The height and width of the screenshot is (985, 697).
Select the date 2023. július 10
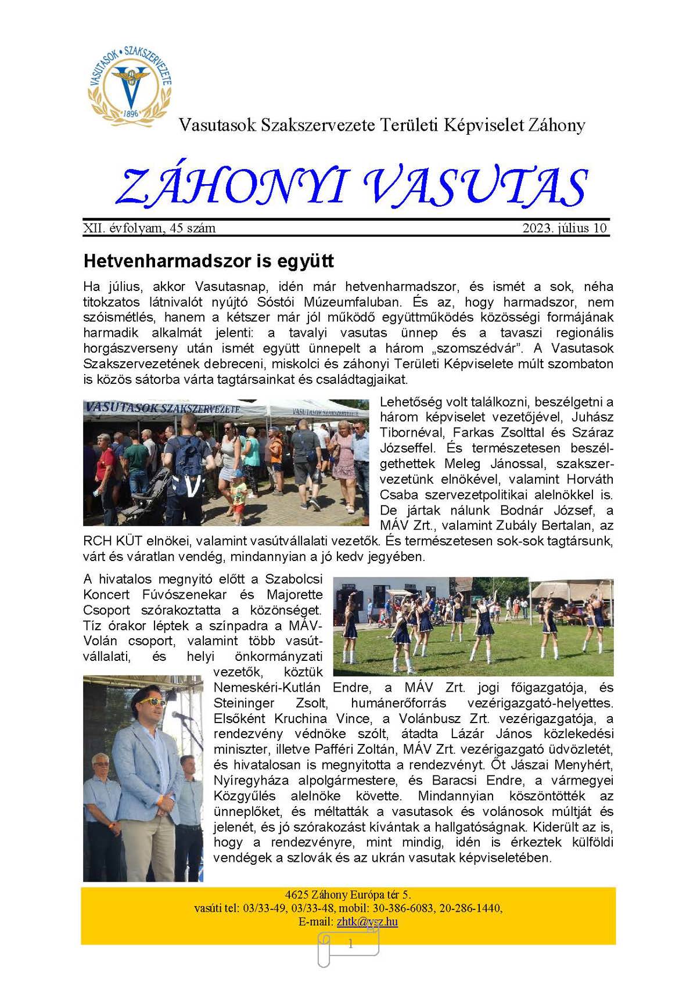(x=564, y=228)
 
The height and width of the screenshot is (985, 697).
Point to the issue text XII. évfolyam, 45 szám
(x=149, y=228)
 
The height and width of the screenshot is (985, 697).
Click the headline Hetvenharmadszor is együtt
(x=209, y=261)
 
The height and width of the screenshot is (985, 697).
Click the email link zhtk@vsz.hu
(x=367, y=922)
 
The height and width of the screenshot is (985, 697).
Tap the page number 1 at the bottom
(x=350, y=944)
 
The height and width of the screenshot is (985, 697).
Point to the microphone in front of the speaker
(x=182, y=716)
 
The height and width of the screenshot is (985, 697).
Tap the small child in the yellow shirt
(x=238, y=495)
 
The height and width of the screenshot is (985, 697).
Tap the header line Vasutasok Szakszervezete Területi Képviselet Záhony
(x=382, y=125)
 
